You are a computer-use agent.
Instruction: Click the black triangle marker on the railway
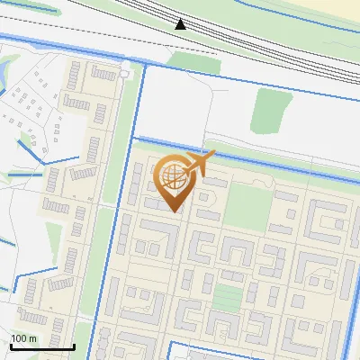[180, 24]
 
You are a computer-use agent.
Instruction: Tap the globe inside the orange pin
[171, 175]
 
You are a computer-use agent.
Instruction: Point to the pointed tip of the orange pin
[173, 212]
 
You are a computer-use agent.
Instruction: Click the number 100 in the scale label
[19, 338]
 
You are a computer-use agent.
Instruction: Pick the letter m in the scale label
[32, 338]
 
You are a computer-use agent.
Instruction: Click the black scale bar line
[41, 346]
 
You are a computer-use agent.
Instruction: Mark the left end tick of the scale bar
[10, 345]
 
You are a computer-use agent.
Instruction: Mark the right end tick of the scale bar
[74, 345]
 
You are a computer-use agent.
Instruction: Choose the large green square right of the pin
[247, 206]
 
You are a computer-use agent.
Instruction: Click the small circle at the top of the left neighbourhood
[123, 72]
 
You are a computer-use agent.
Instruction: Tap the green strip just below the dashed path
[193, 61]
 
